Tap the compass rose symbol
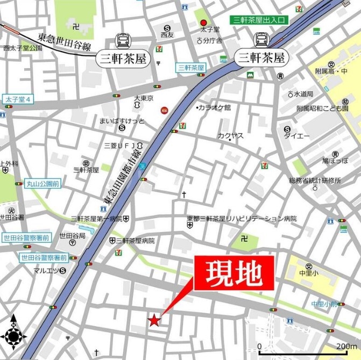point(14,336)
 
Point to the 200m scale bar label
point(347,346)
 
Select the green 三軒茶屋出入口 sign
point(260,20)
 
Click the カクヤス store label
point(230,136)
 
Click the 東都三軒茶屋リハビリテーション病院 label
point(242,219)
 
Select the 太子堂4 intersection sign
point(18,100)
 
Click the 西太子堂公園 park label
point(22,48)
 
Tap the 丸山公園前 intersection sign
point(41,184)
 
